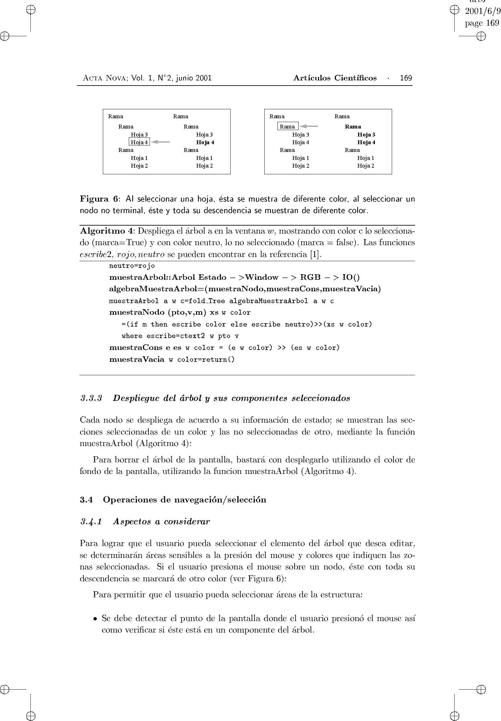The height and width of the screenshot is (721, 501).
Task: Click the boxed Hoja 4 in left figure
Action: [139, 142]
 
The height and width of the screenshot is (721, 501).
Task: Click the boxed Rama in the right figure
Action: [287, 126]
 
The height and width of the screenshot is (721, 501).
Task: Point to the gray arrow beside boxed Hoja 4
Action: [160, 142]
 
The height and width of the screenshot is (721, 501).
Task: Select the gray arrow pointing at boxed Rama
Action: [309, 126]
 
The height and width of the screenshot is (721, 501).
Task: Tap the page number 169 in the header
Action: [406, 78]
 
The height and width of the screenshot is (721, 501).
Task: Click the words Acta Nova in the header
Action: [104, 78]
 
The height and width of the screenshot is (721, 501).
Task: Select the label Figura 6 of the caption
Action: [99, 199]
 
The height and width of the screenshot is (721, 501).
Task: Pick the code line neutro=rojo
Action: [132, 266]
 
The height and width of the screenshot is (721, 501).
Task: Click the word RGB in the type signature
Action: [310, 277]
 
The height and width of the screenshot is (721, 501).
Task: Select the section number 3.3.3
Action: [91, 398]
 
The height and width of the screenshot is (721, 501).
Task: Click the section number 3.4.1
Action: [91, 521]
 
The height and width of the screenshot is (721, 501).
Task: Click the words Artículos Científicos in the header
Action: [335, 78]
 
